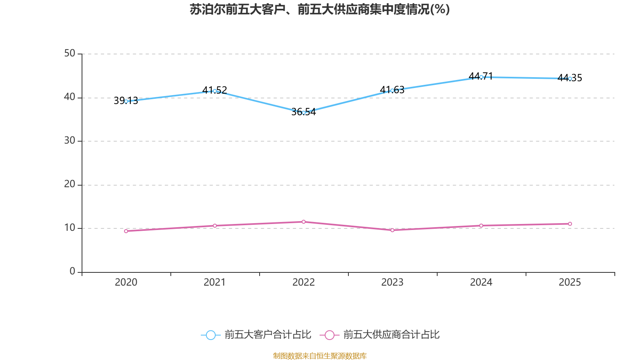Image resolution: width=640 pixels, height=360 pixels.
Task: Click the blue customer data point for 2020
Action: point(126,101)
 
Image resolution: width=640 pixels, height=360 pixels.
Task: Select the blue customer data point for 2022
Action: point(304,113)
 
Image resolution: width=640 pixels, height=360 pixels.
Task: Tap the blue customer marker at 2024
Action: point(481,77)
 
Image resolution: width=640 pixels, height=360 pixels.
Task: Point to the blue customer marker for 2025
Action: point(570,78)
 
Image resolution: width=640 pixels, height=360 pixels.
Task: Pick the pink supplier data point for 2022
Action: point(304,222)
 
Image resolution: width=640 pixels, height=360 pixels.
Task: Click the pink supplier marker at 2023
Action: point(392,230)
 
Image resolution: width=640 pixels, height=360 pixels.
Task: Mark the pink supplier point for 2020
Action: point(126,231)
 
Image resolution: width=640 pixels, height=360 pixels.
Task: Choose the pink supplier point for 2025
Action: point(570,224)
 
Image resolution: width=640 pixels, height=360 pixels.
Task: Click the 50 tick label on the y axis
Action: point(70,53)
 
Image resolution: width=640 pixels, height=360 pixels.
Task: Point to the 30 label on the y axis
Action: point(70,140)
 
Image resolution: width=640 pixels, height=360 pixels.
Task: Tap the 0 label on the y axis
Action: point(72,271)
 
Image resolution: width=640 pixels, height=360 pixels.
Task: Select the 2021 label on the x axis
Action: point(215,282)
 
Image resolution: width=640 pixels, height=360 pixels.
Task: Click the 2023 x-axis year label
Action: point(392,282)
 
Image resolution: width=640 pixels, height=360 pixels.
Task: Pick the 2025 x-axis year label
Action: point(570,282)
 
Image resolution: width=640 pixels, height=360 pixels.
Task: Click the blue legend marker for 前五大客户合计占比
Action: point(210,335)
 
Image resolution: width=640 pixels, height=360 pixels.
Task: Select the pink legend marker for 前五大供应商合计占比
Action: point(329,335)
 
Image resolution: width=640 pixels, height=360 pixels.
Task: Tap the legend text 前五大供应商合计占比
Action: point(391,335)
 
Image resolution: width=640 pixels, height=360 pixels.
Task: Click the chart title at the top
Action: point(320,10)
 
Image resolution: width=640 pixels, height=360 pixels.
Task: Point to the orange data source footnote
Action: point(320,356)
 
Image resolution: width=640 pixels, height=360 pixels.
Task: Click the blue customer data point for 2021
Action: point(215,91)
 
